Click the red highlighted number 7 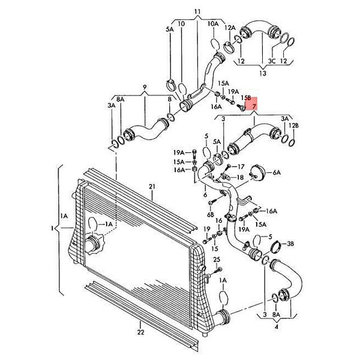click(x=254, y=106)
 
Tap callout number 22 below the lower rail click(x=141, y=332)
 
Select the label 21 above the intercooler click(x=152, y=187)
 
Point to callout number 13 click(x=263, y=73)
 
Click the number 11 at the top click(x=197, y=11)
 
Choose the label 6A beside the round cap click(x=277, y=173)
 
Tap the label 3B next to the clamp click(x=290, y=244)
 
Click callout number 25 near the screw click(x=217, y=259)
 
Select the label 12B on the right click(x=293, y=125)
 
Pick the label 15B click(x=245, y=97)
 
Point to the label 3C click(x=272, y=61)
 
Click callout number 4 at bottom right click(x=277, y=327)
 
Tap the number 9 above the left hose click(x=145, y=87)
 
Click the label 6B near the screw click(x=211, y=215)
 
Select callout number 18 click(x=240, y=177)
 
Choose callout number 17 click(x=241, y=166)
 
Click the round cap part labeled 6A click(x=257, y=172)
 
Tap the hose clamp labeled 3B click(x=277, y=247)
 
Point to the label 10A click(x=213, y=23)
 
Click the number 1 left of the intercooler click(x=52, y=228)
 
